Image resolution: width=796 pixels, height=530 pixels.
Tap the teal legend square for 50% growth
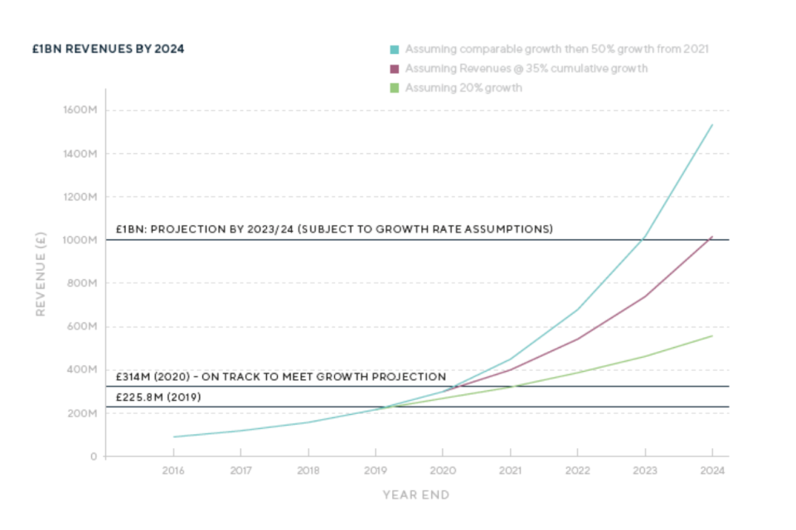click(x=396, y=49)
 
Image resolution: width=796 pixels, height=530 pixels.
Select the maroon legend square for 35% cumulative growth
click(x=396, y=69)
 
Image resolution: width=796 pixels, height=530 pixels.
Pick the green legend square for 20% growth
click(x=396, y=88)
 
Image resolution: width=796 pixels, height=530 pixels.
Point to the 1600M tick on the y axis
click(x=80, y=110)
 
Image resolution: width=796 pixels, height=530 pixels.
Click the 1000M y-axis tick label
click(x=80, y=240)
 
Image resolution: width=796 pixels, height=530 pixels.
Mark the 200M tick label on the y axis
click(x=81, y=413)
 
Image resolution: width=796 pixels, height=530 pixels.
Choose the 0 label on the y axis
click(x=93, y=456)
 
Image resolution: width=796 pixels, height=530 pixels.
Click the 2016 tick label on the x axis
click(x=173, y=470)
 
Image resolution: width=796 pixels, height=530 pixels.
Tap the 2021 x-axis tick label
click(x=510, y=470)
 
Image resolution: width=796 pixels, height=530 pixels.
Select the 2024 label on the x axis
click(x=712, y=470)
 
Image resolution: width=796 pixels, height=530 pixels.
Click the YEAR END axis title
click(x=416, y=495)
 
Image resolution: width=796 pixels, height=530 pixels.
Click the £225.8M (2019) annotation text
click(x=158, y=397)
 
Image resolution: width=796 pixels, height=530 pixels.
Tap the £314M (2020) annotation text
click(x=280, y=377)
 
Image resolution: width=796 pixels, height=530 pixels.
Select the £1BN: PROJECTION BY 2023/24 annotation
click(x=334, y=229)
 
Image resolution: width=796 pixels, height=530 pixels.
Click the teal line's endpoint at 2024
click(x=712, y=125)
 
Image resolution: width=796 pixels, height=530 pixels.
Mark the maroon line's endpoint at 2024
click(x=712, y=237)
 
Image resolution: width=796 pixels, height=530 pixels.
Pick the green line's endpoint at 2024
click(x=712, y=335)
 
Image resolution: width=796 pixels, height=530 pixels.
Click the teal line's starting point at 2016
click(x=173, y=436)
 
